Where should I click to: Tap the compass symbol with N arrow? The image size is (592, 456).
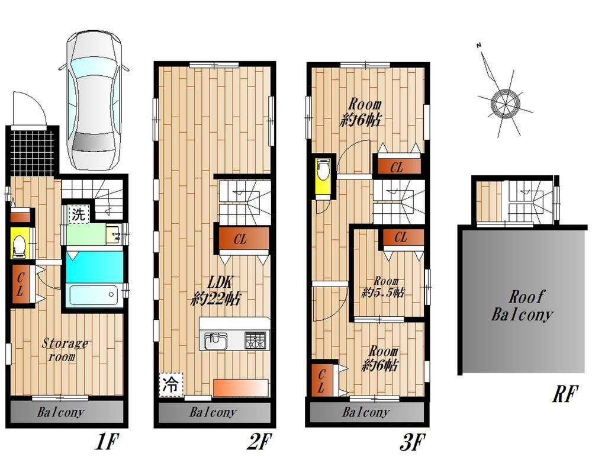click(504, 98)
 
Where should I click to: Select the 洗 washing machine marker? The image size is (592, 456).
click(79, 214)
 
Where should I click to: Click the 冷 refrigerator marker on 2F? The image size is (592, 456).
click(170, 385)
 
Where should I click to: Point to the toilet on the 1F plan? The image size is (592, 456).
click(18, 245)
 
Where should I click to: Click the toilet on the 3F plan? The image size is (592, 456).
click(323, 169)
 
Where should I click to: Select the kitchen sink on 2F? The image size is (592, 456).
click(216, 340)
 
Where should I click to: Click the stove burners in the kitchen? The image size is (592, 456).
click(256, 340)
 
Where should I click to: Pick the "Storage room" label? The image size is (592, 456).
click(64, 349)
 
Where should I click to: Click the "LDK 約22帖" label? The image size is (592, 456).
click(215, 291)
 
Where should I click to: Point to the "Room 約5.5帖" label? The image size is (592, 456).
click(383, 287)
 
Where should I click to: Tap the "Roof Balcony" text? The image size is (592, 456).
click(522, 305)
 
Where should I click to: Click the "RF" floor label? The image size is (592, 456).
click(565, 394)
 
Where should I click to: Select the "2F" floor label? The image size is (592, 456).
click(259, 441)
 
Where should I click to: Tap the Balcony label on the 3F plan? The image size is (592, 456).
click(365, 412)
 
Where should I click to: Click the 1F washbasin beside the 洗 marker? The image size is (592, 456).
click(114, 235)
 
